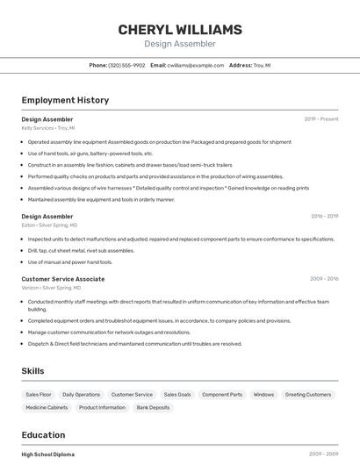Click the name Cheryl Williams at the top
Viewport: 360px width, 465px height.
180,30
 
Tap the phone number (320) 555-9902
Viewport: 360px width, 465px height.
126,65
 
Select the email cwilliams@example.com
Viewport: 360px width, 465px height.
196,65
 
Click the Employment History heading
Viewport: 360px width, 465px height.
65,100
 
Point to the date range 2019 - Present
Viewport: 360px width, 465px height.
321,118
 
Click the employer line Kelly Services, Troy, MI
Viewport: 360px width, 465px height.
48,127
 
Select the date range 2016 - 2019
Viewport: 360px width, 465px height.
324,216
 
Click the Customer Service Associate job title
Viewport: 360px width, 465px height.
62,279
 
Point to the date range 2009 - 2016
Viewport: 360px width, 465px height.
324,279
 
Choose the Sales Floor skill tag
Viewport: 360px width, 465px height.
39,395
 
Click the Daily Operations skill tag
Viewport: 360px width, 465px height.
82,395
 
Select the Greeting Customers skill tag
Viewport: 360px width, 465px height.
308,395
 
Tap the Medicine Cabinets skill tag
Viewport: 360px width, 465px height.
47,407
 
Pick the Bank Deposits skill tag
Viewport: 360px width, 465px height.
153,407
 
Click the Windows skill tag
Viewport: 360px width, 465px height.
263,395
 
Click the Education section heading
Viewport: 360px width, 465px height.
43,435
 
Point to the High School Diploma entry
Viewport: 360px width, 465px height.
47,454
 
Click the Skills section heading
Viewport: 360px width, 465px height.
32,371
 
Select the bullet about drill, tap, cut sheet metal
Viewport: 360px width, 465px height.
81,250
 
